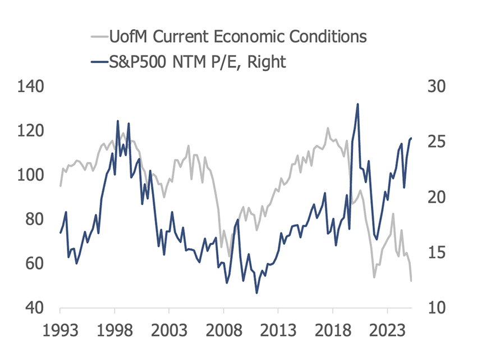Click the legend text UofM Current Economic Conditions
238,37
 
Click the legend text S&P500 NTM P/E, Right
198,61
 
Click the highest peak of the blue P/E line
357,104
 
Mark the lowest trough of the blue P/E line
256,293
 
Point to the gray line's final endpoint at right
411,280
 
